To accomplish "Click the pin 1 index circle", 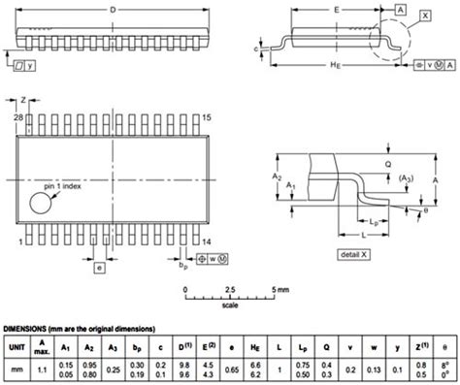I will click(x=43, y=204).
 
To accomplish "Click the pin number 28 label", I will click(x=16, y=117).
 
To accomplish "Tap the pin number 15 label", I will click(x=207, y=117).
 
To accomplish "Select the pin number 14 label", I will click(x=206, y=240).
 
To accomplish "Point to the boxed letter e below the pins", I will click(x=98, y=267).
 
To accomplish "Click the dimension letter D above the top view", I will click(x=114, y=9).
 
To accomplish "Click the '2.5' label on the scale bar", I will click(x=230, y=289).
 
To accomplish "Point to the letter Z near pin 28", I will click(x=24, y=100).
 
